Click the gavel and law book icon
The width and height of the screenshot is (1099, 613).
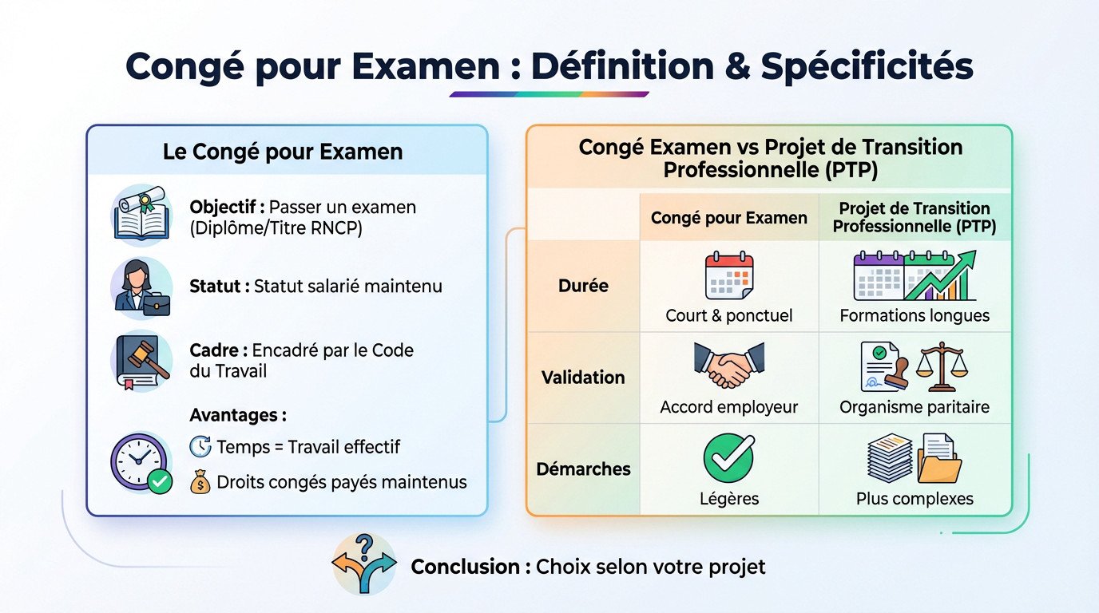(x=141, y=361)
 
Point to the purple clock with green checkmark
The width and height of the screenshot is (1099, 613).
(x=141, y=463)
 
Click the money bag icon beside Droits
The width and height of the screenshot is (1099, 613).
(x=200, y=482)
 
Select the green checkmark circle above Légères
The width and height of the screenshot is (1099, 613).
(x=728, y=458)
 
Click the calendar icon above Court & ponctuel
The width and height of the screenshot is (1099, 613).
(x=728, y=275)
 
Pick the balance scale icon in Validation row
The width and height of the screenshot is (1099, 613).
(x=941, y=367)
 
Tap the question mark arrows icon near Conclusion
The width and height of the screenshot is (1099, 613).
(x=364, y=564)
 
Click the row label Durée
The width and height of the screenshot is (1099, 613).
(x=584, y=285)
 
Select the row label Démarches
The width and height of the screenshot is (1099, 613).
(x=584, y=469)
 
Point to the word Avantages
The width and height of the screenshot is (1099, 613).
(x=238, y=415)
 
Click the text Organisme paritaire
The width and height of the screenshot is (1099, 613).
(x=915, y=407)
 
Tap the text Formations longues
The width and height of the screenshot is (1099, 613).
(x=915, y=315)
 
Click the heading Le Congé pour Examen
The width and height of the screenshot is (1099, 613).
(x=283, y=152)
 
